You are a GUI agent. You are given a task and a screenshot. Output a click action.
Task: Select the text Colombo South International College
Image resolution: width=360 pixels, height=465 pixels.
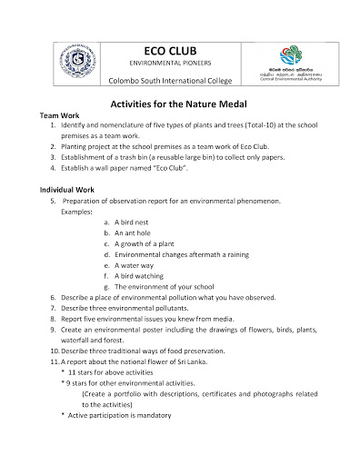[177, 83]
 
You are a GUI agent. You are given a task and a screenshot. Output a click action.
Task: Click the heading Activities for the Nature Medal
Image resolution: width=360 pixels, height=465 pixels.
[179, 104]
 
